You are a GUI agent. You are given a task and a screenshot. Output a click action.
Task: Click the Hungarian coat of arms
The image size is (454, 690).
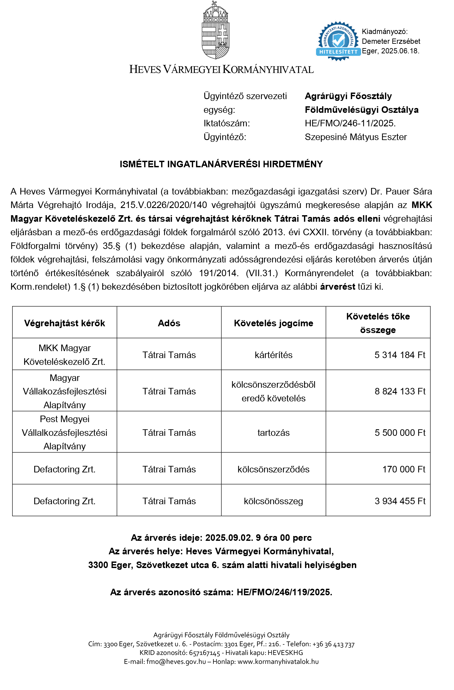point(215,30)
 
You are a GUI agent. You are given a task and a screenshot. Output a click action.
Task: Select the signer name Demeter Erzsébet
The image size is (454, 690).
point(391,41)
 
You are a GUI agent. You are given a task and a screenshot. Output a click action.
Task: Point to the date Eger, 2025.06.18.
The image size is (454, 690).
point(390,51)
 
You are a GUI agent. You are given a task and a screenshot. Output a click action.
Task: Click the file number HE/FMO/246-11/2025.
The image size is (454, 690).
point(350,123)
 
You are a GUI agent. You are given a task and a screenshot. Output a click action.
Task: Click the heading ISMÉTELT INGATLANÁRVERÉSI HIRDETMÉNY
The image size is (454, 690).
point(221,164)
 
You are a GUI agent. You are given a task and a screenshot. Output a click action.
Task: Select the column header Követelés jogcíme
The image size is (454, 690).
point(273,323)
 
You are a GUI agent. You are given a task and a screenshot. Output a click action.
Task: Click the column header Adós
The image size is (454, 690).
point(169,323)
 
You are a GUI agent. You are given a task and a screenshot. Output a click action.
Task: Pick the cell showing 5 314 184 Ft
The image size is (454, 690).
point(400,355)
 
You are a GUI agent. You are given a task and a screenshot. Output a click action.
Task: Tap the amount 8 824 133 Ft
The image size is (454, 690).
point(400,391)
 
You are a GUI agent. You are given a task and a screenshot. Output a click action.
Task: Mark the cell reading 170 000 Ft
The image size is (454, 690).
point(403,469)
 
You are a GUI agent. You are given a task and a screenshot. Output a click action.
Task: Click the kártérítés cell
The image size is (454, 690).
point(273,355)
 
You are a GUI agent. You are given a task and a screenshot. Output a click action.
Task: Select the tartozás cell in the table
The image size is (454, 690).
point(273,433)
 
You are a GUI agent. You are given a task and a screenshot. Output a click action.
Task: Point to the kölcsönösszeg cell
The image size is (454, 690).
point(273,501)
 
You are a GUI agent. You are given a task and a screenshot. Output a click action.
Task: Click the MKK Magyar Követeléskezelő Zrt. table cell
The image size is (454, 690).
point(64,355)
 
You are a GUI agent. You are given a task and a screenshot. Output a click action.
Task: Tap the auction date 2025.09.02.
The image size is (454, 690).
point(229,538)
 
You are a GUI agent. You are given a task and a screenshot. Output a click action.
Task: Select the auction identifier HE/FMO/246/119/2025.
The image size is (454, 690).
point(284,592)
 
